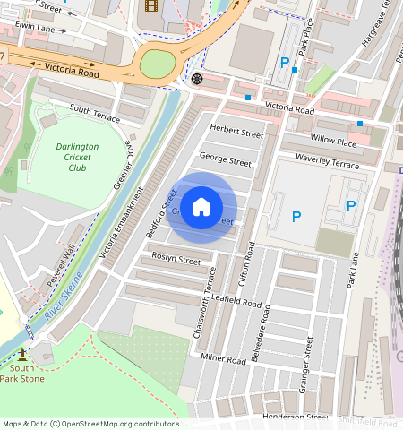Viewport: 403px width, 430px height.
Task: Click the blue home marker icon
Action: [x=201, y=207]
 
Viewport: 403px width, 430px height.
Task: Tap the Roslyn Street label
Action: [x=176, y=260]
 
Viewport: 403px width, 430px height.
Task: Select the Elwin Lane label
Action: [x=35, y=29]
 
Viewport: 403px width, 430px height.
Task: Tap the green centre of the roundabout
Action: [x=157, y=64]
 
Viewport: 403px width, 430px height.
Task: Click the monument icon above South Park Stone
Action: [x=21, y=355]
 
